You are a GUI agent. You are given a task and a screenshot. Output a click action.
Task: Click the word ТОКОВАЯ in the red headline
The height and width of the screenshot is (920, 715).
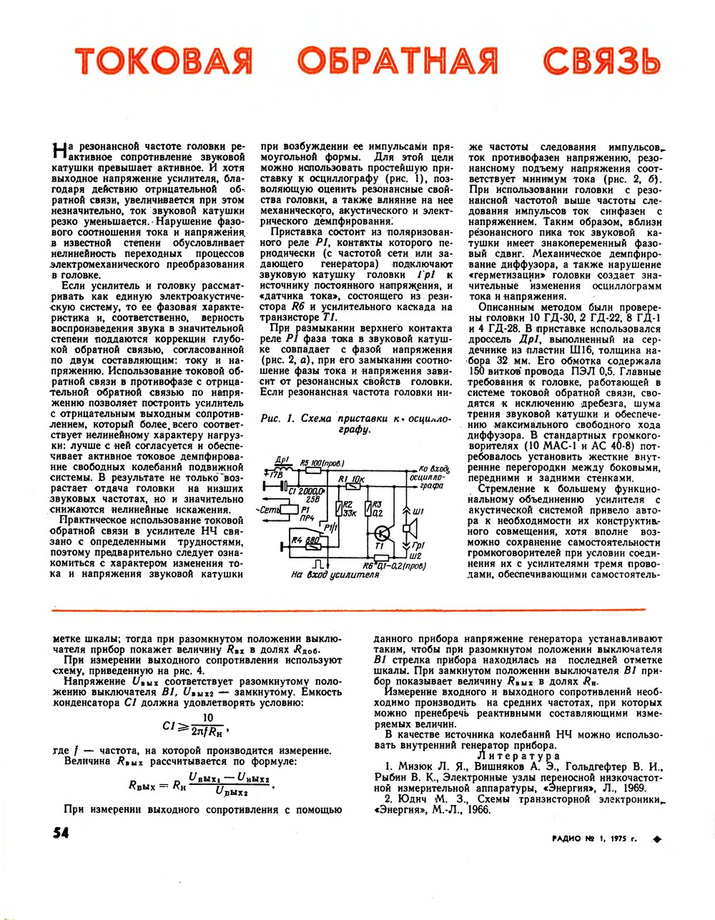164,60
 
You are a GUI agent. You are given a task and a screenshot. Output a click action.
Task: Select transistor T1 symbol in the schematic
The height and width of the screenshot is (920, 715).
383,534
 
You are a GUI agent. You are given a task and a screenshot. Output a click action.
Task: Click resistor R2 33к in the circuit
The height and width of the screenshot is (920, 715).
337,509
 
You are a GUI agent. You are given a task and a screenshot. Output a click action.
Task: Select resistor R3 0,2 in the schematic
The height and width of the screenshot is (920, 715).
368,508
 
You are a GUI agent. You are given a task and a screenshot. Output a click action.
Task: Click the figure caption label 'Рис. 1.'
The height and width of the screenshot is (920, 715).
278,419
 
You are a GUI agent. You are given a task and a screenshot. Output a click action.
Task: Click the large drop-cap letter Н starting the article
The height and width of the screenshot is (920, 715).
61,151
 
